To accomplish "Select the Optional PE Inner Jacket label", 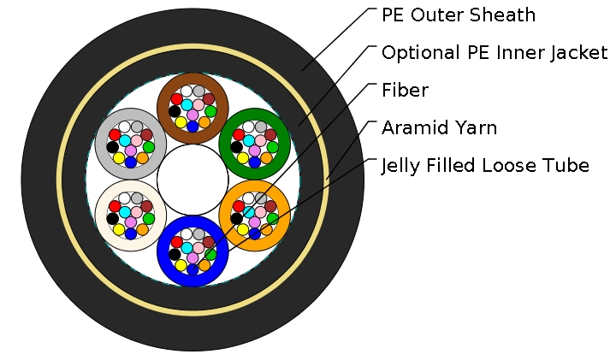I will click(495, 53).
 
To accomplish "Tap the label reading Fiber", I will click(405, 90).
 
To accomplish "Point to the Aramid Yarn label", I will click(439, 127).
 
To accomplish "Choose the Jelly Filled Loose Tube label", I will click(485, 165).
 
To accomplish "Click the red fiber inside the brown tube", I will click(177, 98).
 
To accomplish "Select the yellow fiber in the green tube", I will click(243, 158).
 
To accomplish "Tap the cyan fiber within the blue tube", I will click(187, 248).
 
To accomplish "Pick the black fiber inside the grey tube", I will click(112, 146).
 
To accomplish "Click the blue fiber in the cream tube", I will click(130, 233).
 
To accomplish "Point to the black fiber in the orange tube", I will click(237, 218).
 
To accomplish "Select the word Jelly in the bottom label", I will click(400, 165).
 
